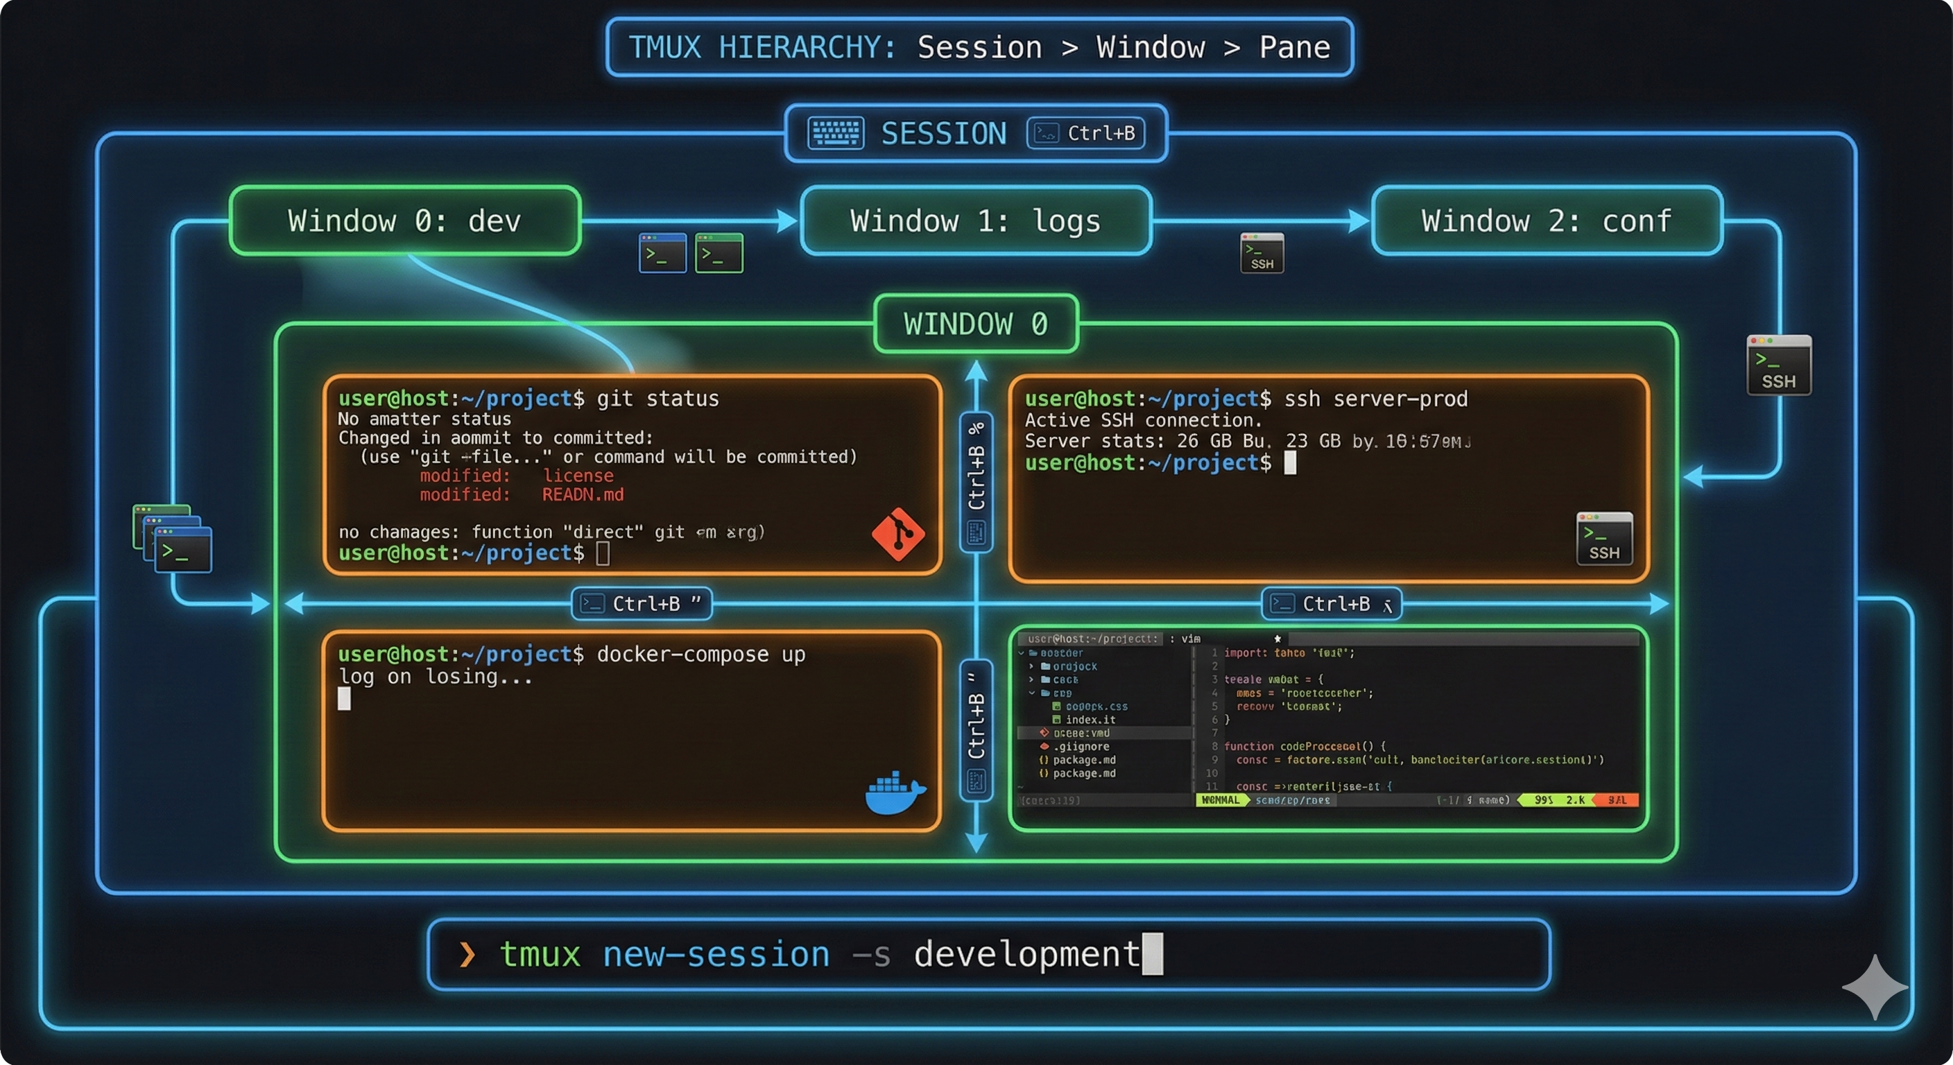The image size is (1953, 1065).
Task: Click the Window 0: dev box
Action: click(x=405, y=220)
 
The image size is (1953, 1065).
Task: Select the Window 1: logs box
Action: click(x=976, y=220)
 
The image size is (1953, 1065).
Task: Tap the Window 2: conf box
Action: click(x=1547, y=220)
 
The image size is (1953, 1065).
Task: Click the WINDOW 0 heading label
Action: click(x=976, y=324)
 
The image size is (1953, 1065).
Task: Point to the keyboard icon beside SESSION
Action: click(x=836, y=133)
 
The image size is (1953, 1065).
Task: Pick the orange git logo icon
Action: click(x=897, y=535)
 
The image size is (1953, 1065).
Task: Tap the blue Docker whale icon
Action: click(x=895, y=794)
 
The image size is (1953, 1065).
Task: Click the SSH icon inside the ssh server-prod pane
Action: click(x=1604, y=538)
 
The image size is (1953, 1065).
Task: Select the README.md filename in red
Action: click(x=583, y=495)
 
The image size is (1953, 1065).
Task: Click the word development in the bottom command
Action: click(x=1026, y=954)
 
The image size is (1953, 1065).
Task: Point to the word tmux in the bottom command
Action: click(x=540, y=954)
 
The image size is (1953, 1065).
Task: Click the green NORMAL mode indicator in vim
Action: click(x=1221, y=800)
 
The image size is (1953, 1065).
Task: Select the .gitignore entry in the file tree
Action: click(x=1081, y=747)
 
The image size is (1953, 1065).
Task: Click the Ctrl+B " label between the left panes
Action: click(x=642, y=604)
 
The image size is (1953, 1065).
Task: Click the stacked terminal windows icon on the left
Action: click(x=172, y=538)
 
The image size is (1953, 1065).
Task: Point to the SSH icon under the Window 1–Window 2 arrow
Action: click(x=1262, y=252)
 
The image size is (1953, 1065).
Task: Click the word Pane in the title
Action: click(x=1294, y=48)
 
